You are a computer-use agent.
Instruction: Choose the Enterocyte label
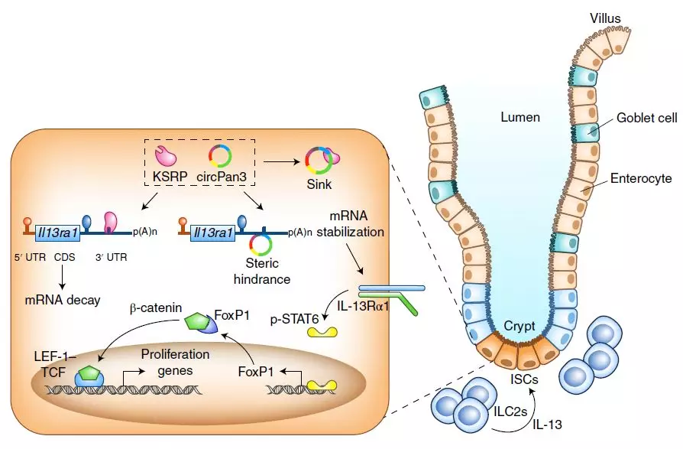641,178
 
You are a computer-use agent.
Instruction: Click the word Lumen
520,117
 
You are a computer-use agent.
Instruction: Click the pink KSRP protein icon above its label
166,155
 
